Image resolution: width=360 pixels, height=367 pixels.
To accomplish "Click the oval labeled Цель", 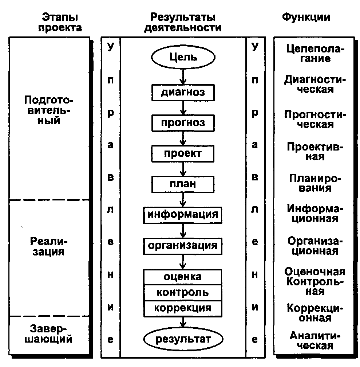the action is click(x=183, y=57).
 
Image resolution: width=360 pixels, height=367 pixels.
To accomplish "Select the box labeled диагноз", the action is click(x=183, y=93).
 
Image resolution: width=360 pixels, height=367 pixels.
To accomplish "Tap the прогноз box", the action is click(x=183, y=123).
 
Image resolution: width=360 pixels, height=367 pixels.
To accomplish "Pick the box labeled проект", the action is click(x=183, y=153).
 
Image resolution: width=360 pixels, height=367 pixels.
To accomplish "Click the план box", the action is click(x=183, y=184).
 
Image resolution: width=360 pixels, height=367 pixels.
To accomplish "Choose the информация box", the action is click(x=183, y=215).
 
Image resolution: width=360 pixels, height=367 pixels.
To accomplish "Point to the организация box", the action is click(x=183, y=246).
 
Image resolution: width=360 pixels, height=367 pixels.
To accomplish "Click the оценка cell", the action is click(x=183, y=277).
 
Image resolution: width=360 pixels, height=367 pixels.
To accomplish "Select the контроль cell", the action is click(x=183, y=293).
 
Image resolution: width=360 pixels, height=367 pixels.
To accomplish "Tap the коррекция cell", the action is click(x=183, y=309).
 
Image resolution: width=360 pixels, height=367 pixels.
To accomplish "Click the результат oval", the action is click(x=183, y=339).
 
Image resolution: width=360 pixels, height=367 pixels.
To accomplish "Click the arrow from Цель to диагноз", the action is click(x=183, y=77).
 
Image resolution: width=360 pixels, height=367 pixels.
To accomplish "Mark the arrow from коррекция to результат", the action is click(x=183, y=322).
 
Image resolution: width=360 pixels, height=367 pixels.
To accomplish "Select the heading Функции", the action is click(x=306, y=17).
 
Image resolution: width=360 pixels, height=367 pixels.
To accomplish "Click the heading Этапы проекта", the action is click(x=60, y=22).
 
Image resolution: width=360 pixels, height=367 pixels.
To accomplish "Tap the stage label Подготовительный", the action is click(x=49, y=110).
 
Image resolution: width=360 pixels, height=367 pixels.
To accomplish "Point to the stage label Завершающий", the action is click(x=49, y=334).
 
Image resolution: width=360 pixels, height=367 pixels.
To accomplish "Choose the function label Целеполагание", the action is click(x=315, y=54).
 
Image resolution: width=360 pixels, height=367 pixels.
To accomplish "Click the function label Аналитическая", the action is click(x=315, y=341).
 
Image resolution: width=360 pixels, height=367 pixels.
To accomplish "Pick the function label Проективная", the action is click(x=315, y=152).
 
